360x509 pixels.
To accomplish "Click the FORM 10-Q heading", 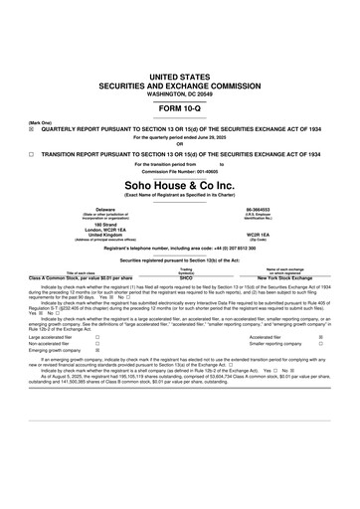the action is click(x=180, y=109).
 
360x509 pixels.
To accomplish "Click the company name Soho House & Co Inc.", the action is click(x=180, y=185).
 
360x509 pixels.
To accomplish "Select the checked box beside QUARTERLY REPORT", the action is click(x=32, y=128).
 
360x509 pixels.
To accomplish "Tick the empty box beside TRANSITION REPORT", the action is click(x=32, y=155).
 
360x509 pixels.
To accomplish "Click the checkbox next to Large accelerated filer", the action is click(x=96, y=337).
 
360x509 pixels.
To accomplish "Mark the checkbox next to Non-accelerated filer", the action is click(x=96, y=344).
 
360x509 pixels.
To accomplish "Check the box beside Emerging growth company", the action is click(x=96, y=352).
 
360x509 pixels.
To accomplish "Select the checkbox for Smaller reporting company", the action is click(x=319, y=344).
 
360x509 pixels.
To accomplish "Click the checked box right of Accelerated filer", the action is click(x=319, y=337).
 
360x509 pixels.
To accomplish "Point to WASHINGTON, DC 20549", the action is click(x=180, y=93).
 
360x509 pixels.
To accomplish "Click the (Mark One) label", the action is click(x=41, y=121).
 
